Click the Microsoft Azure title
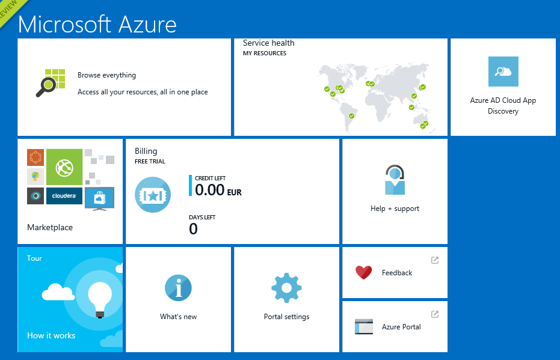(x=97, y=24)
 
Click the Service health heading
(x=268, y=43)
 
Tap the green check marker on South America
(x=351, y=115)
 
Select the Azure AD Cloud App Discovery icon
(x=503, y=72)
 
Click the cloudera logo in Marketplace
(x=64, y=196)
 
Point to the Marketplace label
(x=50, y=227)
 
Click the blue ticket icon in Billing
(x=153, y=195)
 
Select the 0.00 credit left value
(x=210, y=190)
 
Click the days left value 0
(x=193, y=229)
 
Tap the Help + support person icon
(x=395, y=180)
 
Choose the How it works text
(x=51, y=335)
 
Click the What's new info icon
(x=178, y=288)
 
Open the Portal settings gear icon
(x=286, y=288)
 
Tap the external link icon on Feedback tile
(x=435, y=260)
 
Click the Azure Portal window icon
(x=364, y=326)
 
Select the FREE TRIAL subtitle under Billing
(x=150, y=161)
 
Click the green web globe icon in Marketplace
(x=64, y=167)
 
